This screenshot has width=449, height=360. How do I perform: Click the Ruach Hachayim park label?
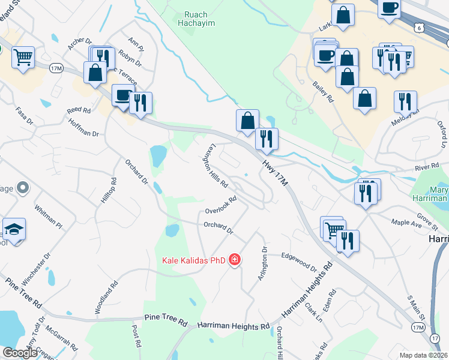(x=196, y=18)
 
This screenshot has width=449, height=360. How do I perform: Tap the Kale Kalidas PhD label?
(x=193, y=260)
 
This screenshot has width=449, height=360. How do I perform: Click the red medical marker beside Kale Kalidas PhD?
(x=235, y=260)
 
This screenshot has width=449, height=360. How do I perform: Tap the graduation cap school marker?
(x=14, y=229)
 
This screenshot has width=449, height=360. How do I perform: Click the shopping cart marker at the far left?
(x=23, y=58)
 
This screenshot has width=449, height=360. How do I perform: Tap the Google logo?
(x=19, y=353)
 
